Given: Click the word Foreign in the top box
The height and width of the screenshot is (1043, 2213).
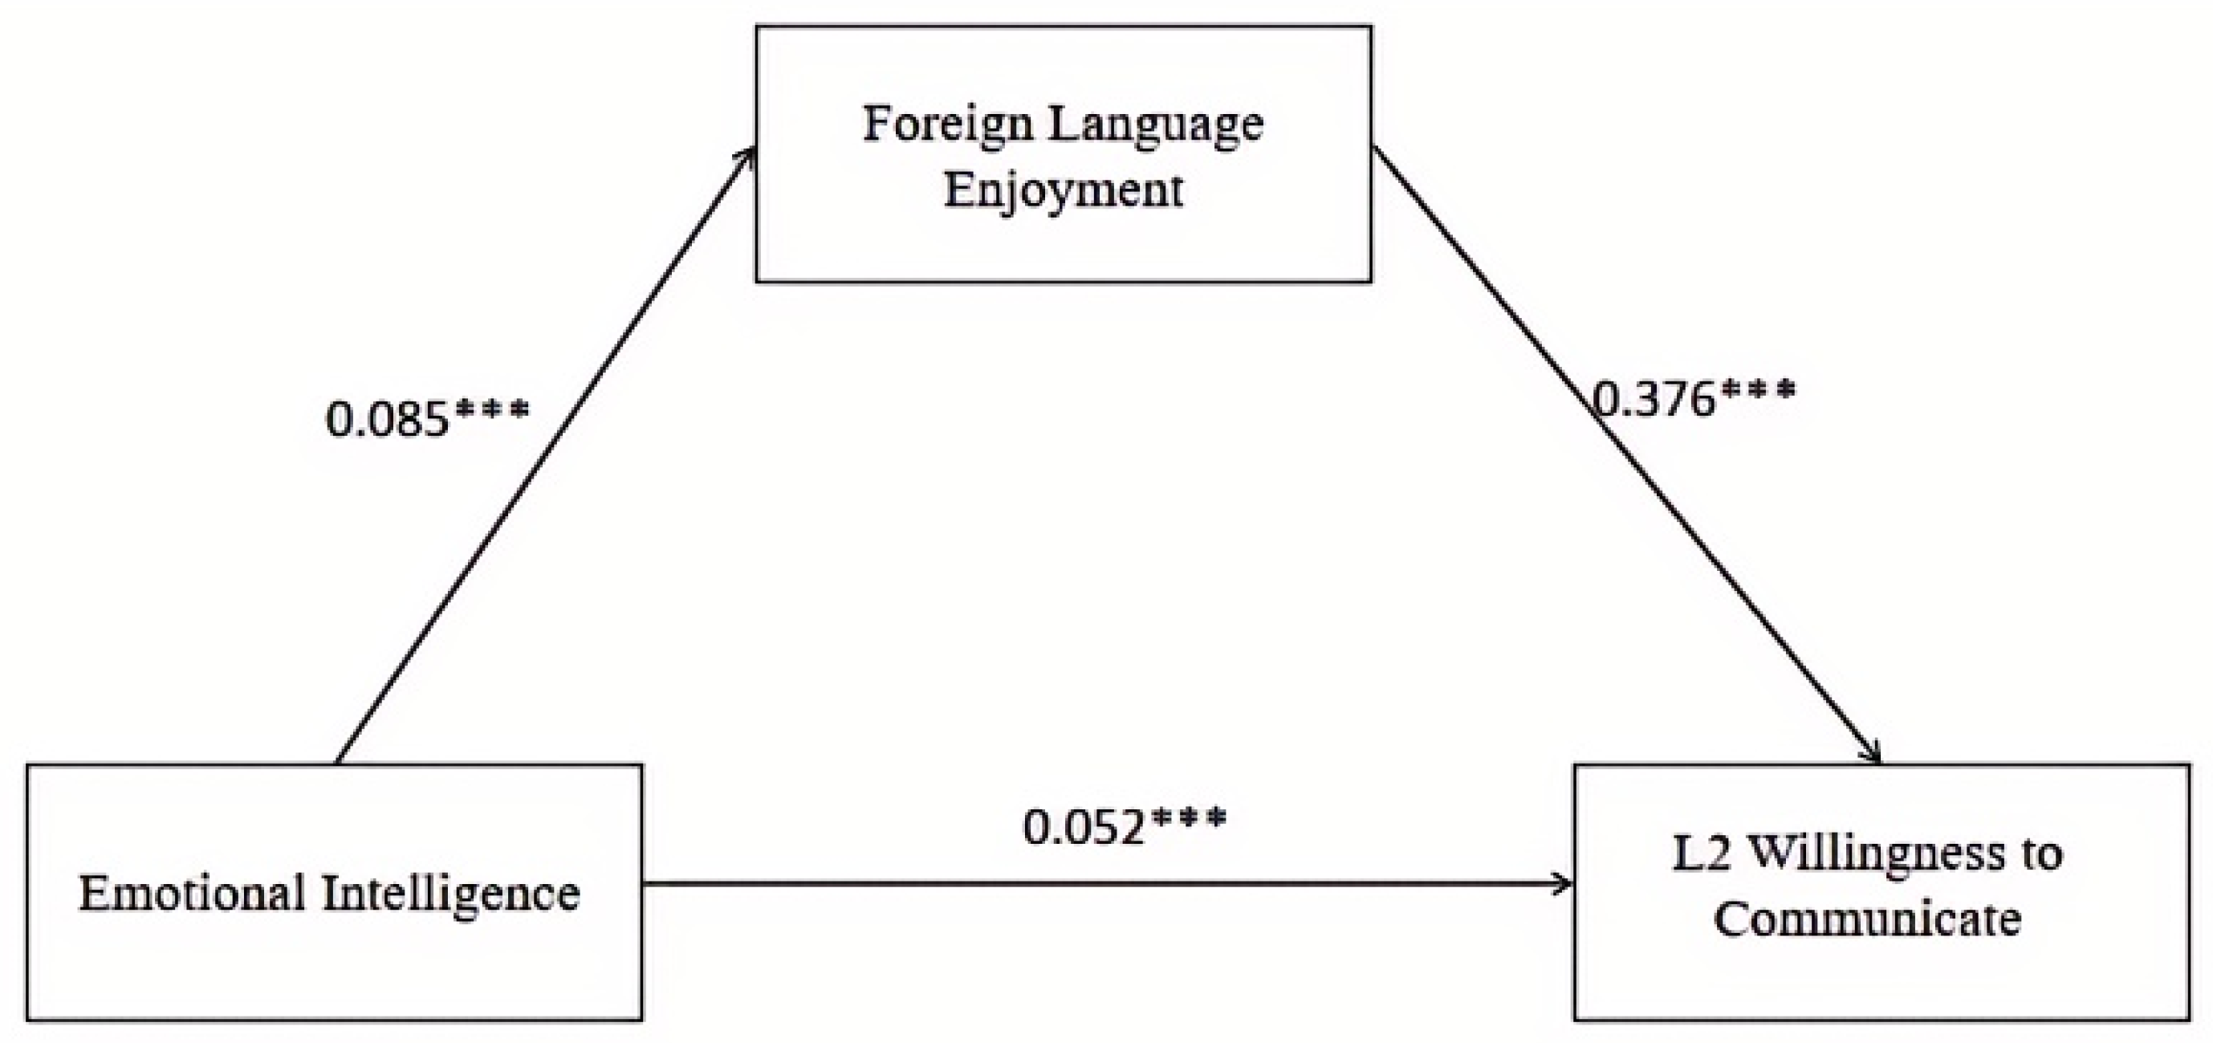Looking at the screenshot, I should (x=946, y=125).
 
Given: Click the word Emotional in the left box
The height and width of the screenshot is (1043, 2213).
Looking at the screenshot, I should (x=193, y=894).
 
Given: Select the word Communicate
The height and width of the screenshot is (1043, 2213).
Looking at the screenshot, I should (x=1868, y=919).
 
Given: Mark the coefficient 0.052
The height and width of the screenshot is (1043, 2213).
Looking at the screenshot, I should (x=1084, y=828).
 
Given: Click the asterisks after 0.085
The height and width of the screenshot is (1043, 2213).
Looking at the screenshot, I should (x=491, y=410).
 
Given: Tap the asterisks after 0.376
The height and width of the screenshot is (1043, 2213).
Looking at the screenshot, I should (x=1758, y=392).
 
